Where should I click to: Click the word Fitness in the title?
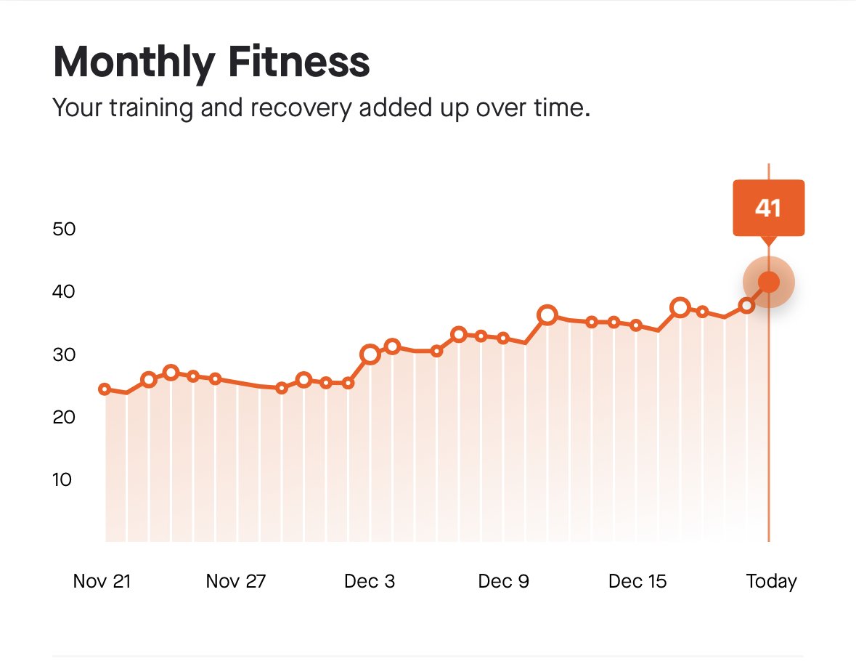300,63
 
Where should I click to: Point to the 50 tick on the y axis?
65,229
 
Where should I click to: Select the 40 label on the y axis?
65,291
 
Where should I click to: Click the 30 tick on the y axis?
65,354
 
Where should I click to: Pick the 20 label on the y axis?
65,417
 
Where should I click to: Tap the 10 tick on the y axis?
65,479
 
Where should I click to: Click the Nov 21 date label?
102,581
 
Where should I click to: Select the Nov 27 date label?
236,581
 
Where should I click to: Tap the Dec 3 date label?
370,581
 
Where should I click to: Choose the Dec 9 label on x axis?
504,581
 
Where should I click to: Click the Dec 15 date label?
637,581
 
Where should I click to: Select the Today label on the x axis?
771,581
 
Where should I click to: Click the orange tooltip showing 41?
768,208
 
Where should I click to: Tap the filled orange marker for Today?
768,282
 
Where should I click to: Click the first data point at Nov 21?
105,389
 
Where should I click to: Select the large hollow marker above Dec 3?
370,354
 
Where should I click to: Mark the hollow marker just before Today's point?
746,306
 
